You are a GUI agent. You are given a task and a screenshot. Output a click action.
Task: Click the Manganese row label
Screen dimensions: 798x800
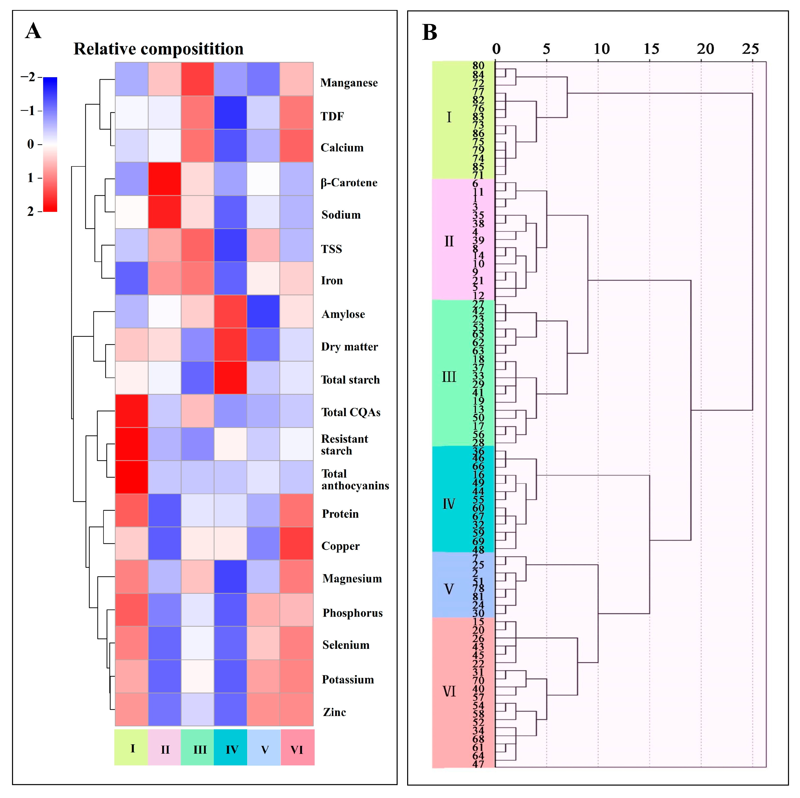tap(349, 83)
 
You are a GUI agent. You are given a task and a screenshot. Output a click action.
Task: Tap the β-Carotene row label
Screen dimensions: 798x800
tap(349, 183)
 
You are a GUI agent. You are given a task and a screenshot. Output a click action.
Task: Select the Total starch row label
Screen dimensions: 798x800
tap(350, 380)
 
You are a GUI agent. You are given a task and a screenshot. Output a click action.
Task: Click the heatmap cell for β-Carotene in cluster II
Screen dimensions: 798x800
tap(164, 179)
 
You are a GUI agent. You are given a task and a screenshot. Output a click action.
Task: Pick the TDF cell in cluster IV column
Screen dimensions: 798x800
tap(230, 112)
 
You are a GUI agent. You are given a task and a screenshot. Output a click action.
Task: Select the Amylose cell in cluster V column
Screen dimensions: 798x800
tap(263, 311)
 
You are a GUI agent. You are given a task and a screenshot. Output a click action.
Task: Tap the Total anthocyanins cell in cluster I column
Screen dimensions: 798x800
tap(132, 477)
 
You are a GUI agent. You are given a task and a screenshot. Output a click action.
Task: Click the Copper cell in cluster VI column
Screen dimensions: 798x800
tap(297, 543)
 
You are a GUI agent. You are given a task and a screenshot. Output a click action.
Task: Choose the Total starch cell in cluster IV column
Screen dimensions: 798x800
tap(230, 377)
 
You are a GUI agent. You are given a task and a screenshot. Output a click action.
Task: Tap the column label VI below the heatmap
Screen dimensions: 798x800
tap(297, 750)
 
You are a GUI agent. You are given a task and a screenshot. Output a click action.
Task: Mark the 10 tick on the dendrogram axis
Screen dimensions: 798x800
tap(601, 49)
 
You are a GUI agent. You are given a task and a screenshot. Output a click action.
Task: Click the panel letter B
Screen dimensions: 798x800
tap(429, 32)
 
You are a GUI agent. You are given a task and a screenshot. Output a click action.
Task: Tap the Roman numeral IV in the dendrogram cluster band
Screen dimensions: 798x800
tap(449, 504)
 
